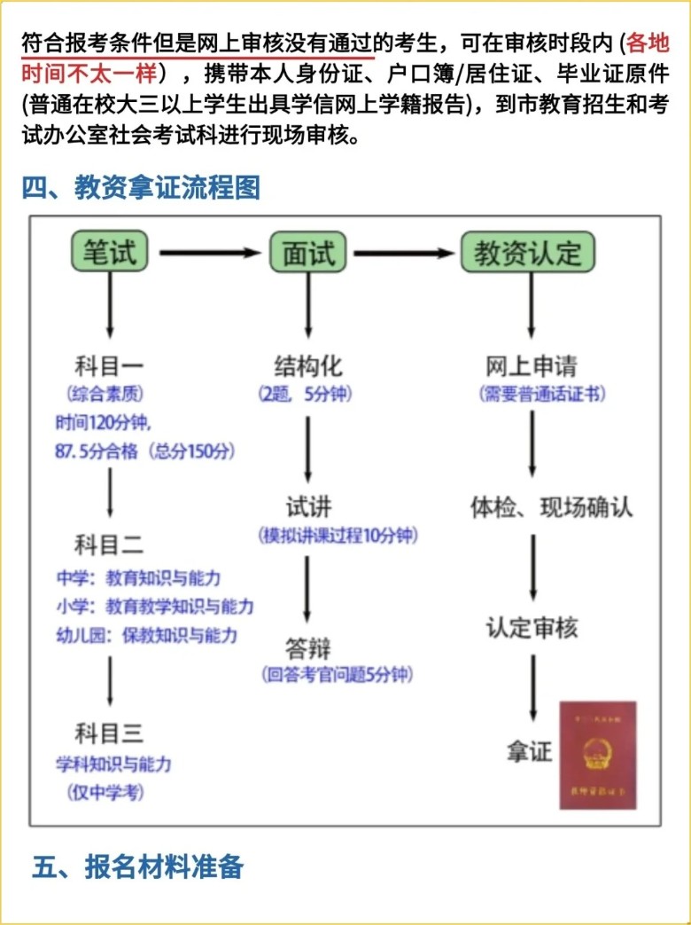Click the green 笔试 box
(110, 253)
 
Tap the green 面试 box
(308, 253)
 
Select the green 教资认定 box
(528, 253)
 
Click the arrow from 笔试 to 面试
(210, 253)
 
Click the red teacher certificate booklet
(597, 756)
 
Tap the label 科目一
(109, 365)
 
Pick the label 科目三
(109, 733)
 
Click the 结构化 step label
(307, 365)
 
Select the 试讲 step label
(307, 506)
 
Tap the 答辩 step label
(307, 647)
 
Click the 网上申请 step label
(532, 365)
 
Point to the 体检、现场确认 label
(551, 507)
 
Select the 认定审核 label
(532, 629)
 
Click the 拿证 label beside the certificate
(529, 752)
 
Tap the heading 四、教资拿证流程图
(142, 188)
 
